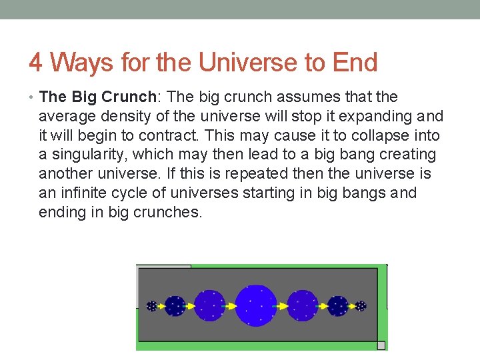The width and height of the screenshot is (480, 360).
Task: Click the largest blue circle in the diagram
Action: coord(256,305)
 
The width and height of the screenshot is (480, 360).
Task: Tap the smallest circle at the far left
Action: coord(152,306)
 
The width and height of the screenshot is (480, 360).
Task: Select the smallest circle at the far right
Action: coord(361,306)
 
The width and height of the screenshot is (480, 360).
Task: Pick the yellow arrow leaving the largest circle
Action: coord(281,306)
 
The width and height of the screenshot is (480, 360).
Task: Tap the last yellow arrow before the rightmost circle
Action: coord(351,306)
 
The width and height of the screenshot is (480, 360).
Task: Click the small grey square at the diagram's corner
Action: coord(381,345)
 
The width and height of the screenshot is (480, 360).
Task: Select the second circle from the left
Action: coord(175,306)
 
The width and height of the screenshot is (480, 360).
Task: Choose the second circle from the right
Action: coord(338,306)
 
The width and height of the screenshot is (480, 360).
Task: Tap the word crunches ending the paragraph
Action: coord(171,213)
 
